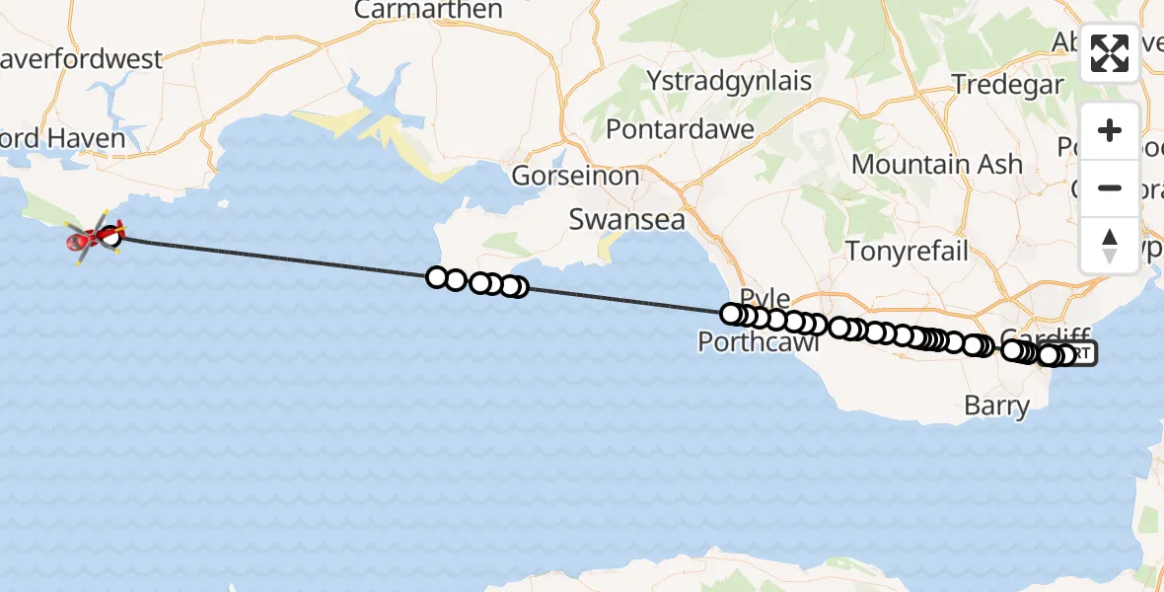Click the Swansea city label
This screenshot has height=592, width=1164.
point(627,220)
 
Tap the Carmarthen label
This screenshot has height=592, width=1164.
point(428,11)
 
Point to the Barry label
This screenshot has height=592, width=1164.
point(996,406)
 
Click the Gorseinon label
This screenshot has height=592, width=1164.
point(575,177)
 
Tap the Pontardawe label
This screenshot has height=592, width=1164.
point(680,129)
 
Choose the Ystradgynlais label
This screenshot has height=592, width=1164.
point(729,81)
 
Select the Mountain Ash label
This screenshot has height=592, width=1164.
point(937,165)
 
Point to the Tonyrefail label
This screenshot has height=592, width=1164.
point(908,251)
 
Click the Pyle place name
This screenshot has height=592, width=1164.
point(764,298)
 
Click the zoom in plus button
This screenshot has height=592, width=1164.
point(1110,130)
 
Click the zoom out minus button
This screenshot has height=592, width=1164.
point(1110,187)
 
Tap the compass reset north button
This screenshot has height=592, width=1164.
point(1110,245)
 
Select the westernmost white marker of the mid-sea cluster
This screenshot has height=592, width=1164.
point(437,277)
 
